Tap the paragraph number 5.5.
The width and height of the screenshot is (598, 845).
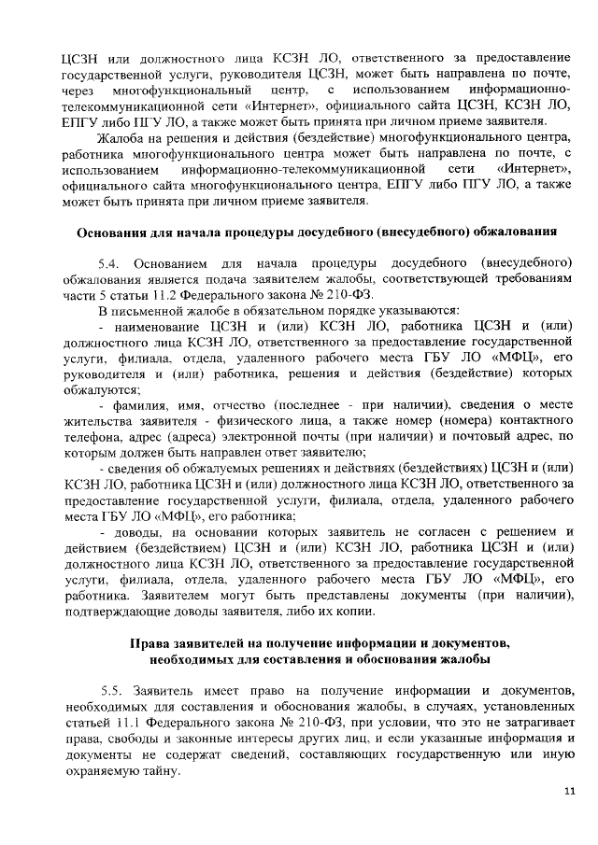click(112, 688)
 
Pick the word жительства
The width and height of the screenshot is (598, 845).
click(95, 444)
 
